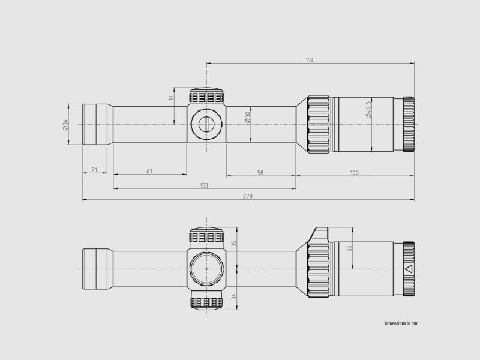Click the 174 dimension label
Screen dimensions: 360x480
point(310,60)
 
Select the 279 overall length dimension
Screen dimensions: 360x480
point(248,196)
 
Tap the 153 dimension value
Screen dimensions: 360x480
point(204,185)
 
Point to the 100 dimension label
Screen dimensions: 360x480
point(354,173)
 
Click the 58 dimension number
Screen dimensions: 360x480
point(260,173)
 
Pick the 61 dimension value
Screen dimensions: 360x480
point(149,172)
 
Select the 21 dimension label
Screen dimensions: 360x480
point(94,170)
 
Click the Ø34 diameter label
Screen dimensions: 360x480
point(65,124)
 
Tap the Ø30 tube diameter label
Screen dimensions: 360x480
point(248,118)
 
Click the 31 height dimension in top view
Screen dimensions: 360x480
point(171,100)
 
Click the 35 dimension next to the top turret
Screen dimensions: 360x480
point(234,244)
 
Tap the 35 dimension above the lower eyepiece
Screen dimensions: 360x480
point(350,247)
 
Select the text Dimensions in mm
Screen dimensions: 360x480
point(401,323)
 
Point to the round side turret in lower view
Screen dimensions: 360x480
point(206,268)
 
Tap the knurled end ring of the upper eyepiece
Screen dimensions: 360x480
point(409,124)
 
